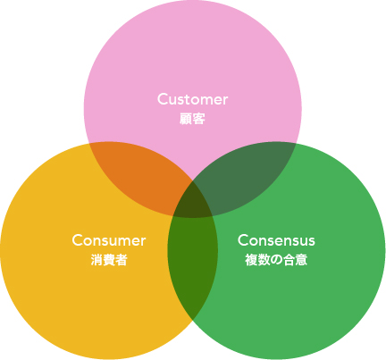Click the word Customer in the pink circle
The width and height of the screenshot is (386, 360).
(x=192, y=99)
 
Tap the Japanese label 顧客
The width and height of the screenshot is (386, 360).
(x=192, y=119)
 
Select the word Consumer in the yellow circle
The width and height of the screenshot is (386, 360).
(x=109, y=240)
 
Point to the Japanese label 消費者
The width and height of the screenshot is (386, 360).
(x=109, y=260)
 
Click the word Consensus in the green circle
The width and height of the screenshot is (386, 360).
(x=276, y=240)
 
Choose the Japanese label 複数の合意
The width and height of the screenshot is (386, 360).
(x=276, y=260)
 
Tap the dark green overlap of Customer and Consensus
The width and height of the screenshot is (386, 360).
(x=244, y=176)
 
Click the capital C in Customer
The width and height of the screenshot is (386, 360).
(x=163, y=99)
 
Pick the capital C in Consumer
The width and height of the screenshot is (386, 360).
(x=78, y=240)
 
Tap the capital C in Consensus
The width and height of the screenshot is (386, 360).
(x=243, y=240)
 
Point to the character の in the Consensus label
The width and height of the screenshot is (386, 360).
(x=276, y=260)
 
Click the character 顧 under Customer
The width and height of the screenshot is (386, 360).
(x=186, y=119)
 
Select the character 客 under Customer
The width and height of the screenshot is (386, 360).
(x=199, y=119)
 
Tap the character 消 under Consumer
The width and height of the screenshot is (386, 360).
(x=96, y=260)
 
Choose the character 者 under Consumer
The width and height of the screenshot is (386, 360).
(x=122, y=260)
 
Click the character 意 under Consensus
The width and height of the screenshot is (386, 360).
(x=301, y=260)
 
